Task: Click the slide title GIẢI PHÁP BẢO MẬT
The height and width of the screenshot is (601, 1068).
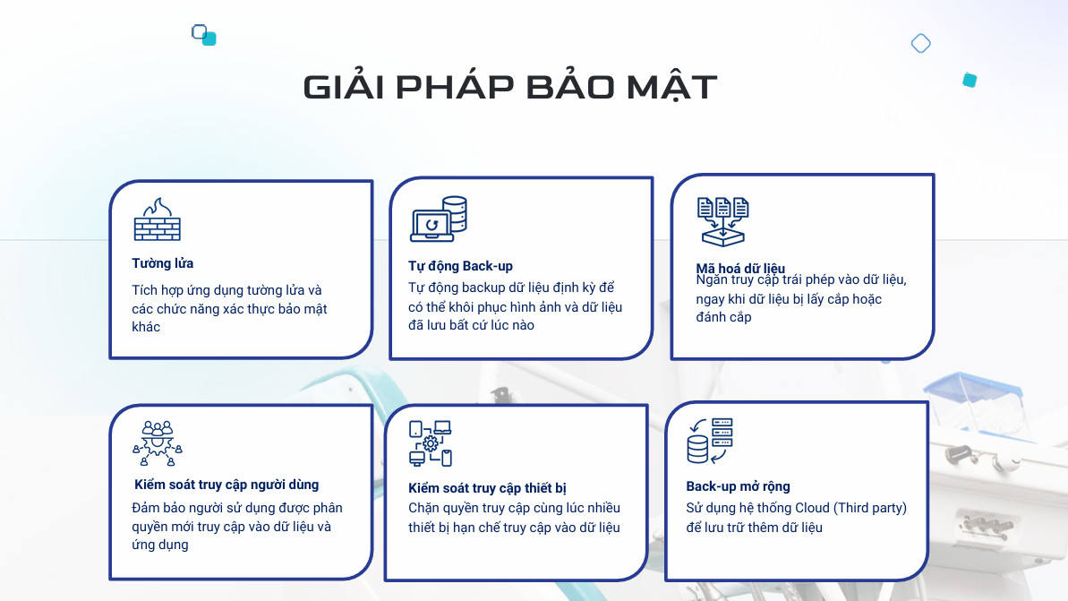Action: [x=510, y=87]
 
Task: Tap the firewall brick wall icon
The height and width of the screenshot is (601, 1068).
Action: [x=158, y=219]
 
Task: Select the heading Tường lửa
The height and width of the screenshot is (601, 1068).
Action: [x=163, y=263]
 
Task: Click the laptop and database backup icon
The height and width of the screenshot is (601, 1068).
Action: [x=439, y=219]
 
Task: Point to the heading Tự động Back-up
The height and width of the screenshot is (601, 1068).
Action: [x=460, y=266]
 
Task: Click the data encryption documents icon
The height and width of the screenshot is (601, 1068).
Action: [x=722, y=221]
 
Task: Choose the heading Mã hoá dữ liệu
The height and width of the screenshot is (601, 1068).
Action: [x=740, y=268]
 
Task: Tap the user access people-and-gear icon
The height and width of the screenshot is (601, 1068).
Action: [x=158, y=443]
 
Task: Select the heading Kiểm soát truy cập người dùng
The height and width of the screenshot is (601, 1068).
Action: [x=226, y=485]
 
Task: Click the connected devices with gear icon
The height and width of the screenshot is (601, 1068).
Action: [x=431, y=443]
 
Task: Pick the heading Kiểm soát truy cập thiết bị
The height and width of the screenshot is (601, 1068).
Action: [x=487, y=488]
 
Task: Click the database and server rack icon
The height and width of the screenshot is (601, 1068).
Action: [x=710, y=441]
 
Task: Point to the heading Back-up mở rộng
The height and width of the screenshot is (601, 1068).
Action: [x=738, y=486]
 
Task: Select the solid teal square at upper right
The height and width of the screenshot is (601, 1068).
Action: [x=970, y=81]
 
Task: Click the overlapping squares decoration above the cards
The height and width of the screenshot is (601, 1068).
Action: [x=203, y=35]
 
